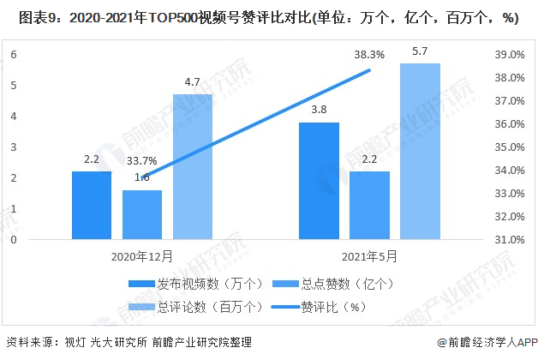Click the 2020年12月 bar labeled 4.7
(193, 166)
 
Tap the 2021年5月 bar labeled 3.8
(318, 181)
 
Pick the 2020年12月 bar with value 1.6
(142, 214)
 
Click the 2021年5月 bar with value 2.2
(369, 205)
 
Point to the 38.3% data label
(369, 55)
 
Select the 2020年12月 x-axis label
(142, 255)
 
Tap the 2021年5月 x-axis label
(369, 255)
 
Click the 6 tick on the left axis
(14, 54)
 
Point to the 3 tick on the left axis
(14, 147)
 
